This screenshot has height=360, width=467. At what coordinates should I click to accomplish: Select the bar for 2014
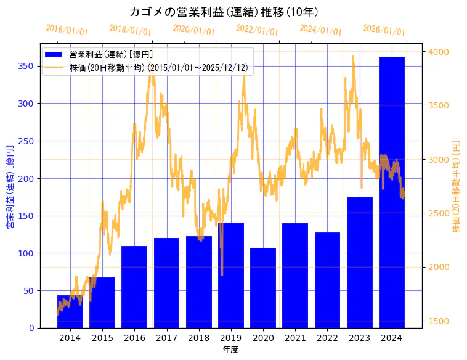point(70,312)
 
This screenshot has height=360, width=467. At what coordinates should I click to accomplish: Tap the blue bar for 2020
point(263,288)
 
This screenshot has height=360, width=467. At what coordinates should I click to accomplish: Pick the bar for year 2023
point(359,262)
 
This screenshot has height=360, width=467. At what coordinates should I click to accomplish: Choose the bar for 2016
point(134,287)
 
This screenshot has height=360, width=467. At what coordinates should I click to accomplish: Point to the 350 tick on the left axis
point(27,66)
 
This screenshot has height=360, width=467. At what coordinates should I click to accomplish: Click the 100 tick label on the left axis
point(27,253)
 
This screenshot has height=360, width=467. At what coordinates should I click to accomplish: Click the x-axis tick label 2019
point(231,338)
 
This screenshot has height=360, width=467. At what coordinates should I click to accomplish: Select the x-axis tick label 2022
point(327,338)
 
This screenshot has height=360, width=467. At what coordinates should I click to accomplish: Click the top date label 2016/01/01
point(67,30)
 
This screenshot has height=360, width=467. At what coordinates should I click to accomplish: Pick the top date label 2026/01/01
point(384,30)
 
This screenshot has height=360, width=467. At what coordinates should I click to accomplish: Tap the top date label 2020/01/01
point(193,30)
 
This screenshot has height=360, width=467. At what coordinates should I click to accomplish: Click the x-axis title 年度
point(231,350)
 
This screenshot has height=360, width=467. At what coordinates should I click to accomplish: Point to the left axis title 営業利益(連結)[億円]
point(9,186)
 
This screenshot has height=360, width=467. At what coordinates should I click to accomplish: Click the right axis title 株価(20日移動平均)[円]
point(457,186)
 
